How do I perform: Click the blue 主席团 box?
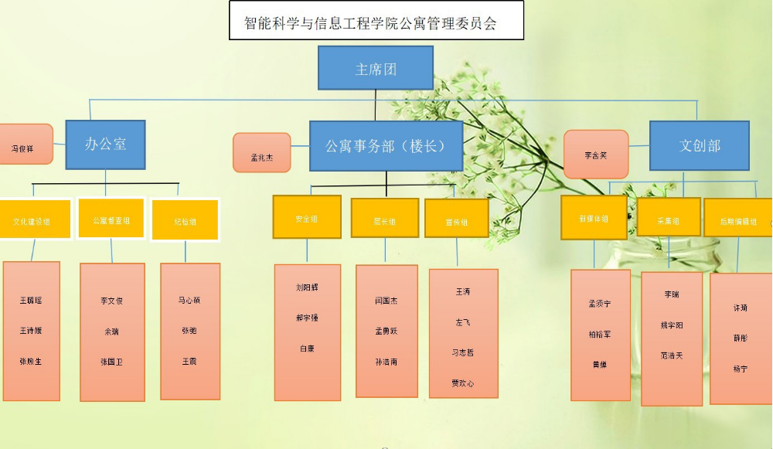376,68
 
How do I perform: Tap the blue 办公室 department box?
105,145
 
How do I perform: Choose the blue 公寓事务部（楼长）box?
386,146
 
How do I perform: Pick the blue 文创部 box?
700,146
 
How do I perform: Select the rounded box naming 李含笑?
596,155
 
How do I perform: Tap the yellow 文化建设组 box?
33,221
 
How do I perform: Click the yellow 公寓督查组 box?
111,220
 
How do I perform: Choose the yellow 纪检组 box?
185,221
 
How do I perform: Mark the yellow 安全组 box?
307,218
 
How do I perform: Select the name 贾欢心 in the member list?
463,383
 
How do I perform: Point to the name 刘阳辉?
307,287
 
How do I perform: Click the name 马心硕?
189,300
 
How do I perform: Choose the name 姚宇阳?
672,325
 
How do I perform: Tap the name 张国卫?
111,361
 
